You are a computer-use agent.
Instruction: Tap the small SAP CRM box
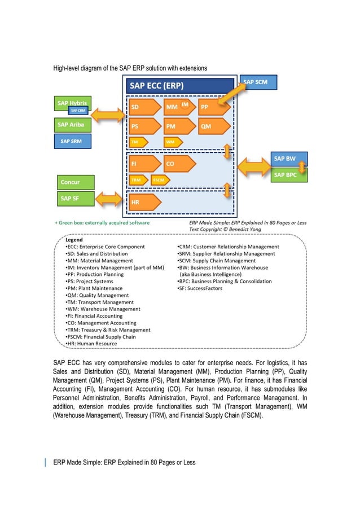(78, 110)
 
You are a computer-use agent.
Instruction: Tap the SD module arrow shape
(142, 107)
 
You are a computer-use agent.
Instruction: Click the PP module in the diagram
(213, 107)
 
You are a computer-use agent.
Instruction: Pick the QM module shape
(213, 126)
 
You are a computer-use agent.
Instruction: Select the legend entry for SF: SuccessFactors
(200, 288)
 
